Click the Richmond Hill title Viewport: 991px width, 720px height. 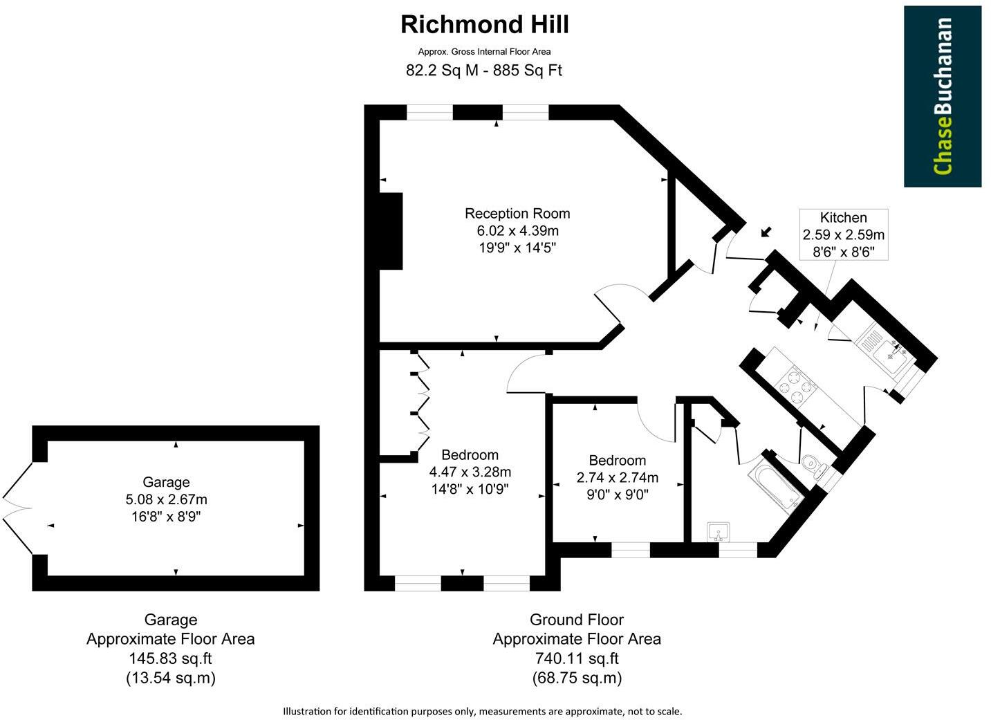pos(485,25)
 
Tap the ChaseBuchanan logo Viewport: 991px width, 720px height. pos(942,96)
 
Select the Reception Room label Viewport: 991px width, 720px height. pos(517,213)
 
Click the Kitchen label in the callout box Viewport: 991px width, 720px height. pos(843,217)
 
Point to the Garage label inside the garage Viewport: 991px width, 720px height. pos(166,482)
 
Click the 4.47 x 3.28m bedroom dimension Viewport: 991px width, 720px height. pos(470,472)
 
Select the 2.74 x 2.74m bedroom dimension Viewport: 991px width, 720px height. pos(617,477)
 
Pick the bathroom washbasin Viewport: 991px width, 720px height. pos(719,533)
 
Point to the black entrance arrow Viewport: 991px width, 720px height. pos(766,232)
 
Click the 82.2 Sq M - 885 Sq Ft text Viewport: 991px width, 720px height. pos(484,70)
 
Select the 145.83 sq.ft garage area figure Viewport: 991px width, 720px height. pos(170,658)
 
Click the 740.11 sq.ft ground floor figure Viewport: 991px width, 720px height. pos(577,658)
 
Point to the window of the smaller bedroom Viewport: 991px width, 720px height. pos(631,551)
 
